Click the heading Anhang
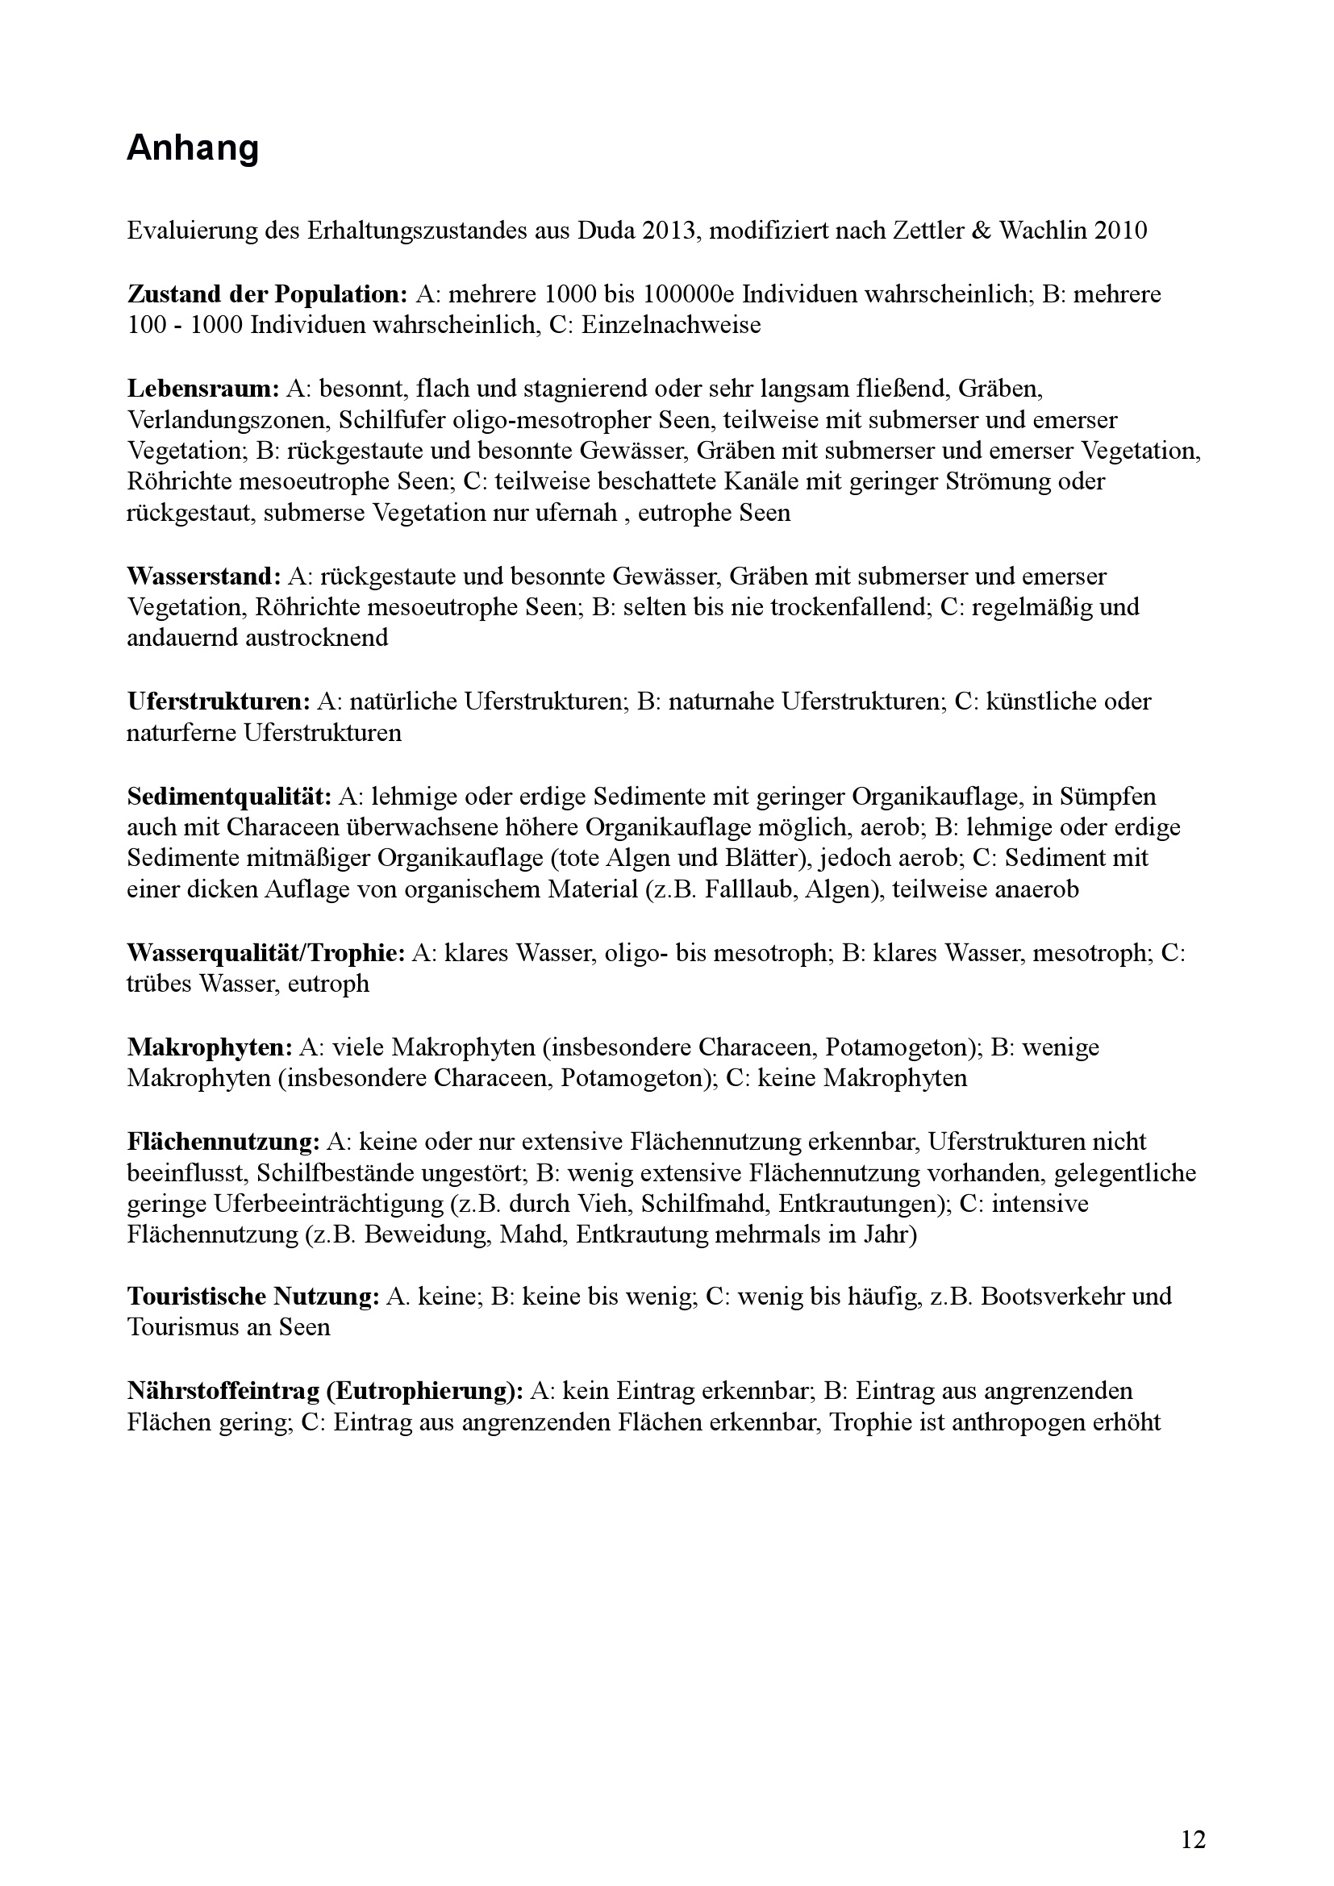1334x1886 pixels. (193, 148)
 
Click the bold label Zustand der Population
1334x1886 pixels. (267, 294)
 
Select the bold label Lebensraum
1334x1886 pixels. (203, 389)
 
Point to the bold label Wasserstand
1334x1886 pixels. (204, 576)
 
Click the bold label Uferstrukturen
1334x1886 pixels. (219, 702)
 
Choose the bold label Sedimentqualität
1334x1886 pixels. (229, 796)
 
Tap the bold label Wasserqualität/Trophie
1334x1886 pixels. (266, 953)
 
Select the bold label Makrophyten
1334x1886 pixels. (210, 1047)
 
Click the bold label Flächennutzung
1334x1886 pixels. (223, 1142)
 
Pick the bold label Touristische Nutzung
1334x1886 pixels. (253, 1297)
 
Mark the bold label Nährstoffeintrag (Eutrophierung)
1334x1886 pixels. (325, 1391)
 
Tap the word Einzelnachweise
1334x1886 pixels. (671, 325)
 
